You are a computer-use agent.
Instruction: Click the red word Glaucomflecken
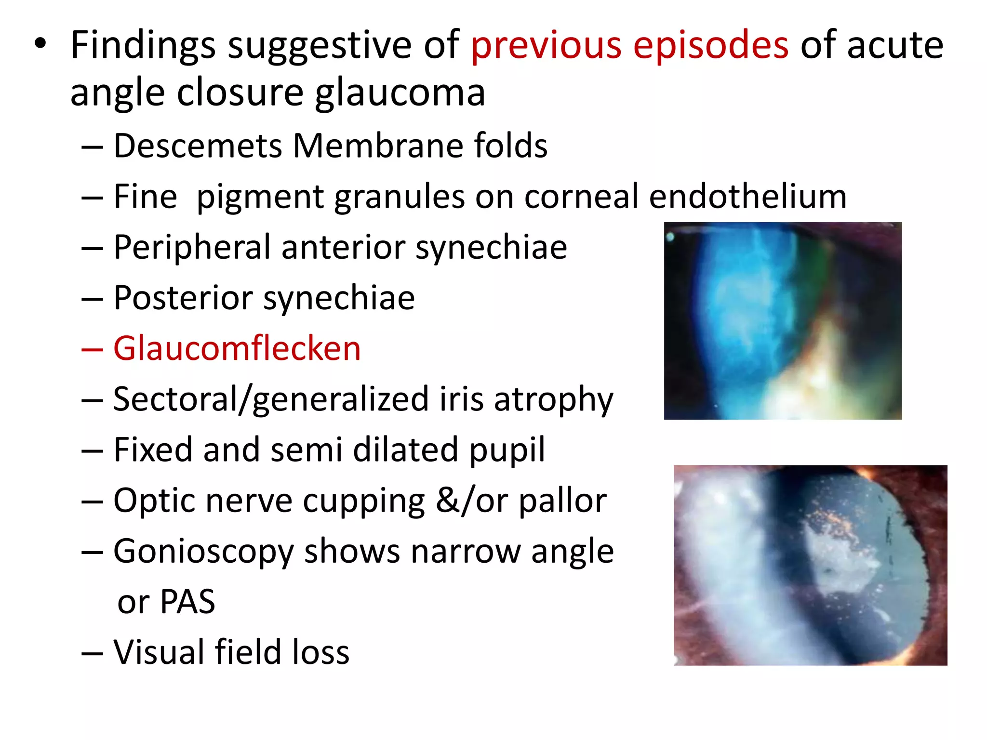click(x=237, y=349)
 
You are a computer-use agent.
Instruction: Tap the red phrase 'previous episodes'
click(x=629, y=45)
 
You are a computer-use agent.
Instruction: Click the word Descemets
click(x=198, y=146)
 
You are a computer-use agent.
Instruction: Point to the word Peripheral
click(x=192, y=248)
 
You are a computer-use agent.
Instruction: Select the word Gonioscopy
click(x=203, y=552)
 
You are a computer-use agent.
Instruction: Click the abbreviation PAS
click(x=187, y=602)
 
